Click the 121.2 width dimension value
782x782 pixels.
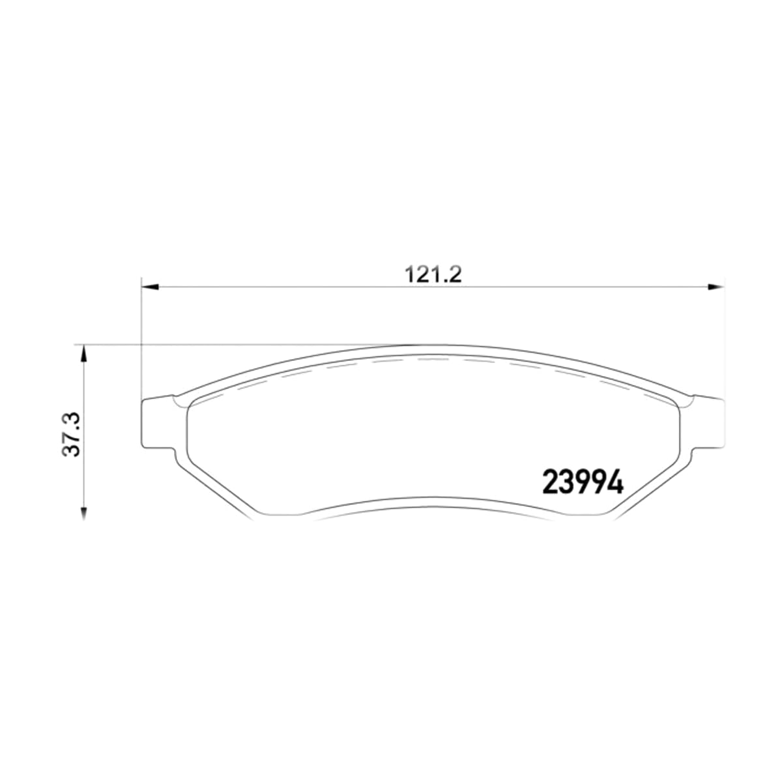tap(433, 275)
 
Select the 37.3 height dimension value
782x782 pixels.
tap(72, 435)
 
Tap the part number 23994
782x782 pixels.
tap(583, 482)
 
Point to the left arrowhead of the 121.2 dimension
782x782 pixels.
tap(150, 287)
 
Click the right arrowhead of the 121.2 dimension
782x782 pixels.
tap(716, 287)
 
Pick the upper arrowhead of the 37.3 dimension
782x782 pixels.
tap(83, 353)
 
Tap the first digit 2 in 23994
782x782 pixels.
tap(550, 482)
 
